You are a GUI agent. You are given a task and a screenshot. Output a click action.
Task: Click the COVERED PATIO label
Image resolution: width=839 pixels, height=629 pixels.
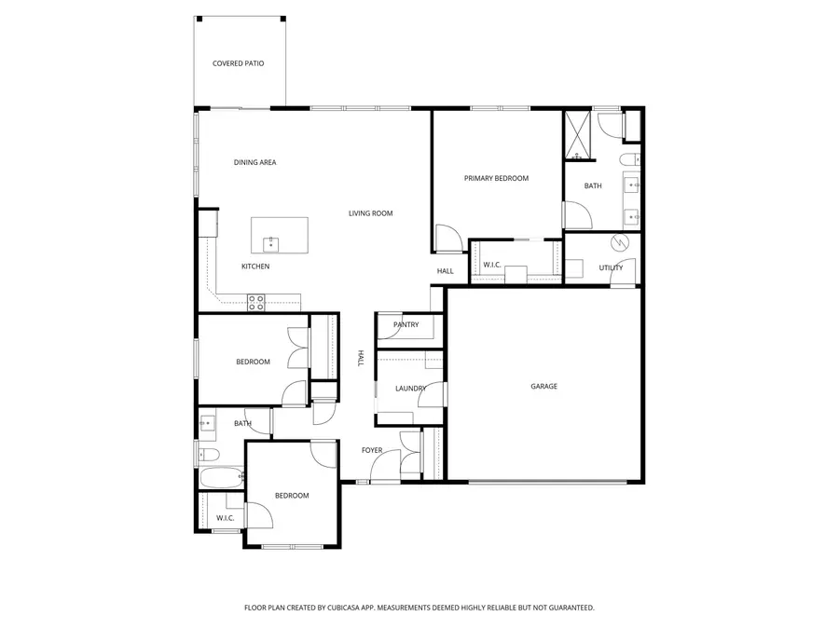238,63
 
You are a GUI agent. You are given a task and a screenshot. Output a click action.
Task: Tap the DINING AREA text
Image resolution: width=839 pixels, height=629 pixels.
254,163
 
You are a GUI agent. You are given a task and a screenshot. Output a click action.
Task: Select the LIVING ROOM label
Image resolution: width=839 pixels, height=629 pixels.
370,213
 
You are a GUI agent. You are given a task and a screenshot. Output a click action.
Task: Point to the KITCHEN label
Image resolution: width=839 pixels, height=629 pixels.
255,267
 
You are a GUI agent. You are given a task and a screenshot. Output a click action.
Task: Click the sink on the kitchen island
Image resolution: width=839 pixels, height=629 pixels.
270,243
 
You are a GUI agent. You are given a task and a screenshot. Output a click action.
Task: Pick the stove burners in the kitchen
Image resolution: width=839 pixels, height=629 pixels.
256,301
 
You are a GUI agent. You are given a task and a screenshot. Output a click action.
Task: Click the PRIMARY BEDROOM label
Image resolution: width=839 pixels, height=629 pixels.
496,178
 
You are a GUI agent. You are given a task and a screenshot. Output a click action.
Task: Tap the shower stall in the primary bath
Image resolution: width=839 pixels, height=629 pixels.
578,136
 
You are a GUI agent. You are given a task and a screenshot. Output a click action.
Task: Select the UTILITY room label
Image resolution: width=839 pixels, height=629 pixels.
611,268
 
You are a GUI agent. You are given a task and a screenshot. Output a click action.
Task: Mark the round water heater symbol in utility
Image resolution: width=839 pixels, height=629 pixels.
619,243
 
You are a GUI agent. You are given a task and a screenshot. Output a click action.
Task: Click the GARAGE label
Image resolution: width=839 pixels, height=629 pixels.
543,386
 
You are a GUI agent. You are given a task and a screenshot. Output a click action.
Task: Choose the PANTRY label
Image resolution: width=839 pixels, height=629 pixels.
406,325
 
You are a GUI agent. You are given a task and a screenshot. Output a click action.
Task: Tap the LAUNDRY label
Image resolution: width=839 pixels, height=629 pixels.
410,389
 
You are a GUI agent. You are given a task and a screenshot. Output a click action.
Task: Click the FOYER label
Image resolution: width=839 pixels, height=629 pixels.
372,451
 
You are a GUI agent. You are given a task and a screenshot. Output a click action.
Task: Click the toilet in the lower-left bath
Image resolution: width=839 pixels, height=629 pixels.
209,455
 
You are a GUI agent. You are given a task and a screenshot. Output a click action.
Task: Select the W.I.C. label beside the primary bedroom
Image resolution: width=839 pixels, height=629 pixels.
491,266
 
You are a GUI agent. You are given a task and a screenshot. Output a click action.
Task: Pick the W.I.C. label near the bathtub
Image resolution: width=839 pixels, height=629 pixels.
225,518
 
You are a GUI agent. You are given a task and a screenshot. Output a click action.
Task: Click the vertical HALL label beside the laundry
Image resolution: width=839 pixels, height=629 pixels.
361,358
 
